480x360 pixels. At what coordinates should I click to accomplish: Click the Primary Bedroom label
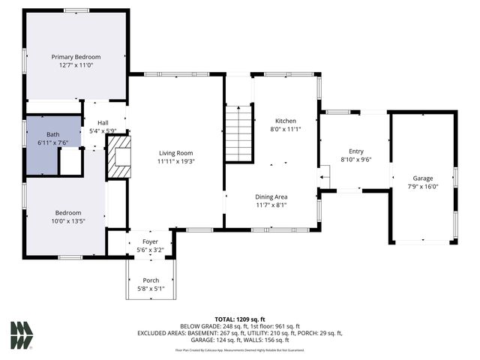point(76,57)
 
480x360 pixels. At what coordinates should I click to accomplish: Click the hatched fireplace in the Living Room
point(118,157)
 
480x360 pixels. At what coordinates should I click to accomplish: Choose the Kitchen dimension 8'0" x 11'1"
point(285,129)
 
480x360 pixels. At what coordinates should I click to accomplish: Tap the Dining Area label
point(271,196)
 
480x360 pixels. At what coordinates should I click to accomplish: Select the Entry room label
point(355,151)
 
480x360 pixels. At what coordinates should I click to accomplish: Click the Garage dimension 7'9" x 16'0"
point(422,187)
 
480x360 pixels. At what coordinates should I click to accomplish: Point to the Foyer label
point(151,241)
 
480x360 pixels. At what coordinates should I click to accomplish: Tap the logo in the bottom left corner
point(22,334)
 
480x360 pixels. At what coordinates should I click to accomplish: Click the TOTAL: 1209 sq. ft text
point(240,319)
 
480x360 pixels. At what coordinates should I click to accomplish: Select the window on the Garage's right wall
point(455,177)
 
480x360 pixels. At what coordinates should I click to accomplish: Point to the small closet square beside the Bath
point(70,161)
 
